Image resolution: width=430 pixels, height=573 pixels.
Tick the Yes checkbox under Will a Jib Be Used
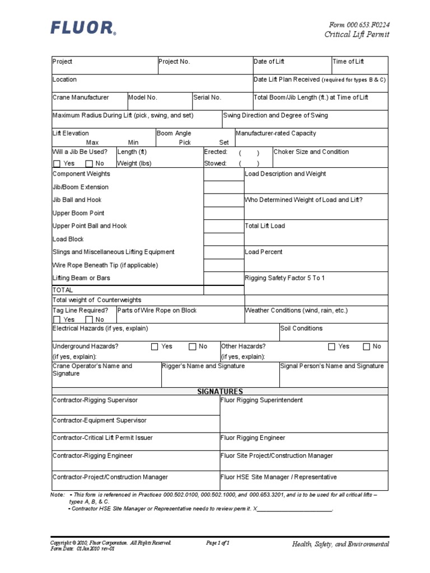click(57, 164)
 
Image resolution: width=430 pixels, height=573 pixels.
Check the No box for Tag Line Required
click(89, 320)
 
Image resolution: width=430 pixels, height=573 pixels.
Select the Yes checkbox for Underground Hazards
click(155, 347)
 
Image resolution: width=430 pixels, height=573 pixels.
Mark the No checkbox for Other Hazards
click(367, 347)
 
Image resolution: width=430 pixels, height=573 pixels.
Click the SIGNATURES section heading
click(219, 391)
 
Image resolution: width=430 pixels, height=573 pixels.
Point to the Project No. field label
click(174, 62)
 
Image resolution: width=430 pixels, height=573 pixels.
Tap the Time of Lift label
click(348, 62)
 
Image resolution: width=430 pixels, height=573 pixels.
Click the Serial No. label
click(207, 97)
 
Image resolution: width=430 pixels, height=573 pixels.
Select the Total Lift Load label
click(265, 226)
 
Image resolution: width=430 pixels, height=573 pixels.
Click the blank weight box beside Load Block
click(223, 239)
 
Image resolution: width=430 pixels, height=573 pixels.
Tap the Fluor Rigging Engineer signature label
click(253, 438)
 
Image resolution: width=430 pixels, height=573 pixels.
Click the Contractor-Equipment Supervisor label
click(100, 420)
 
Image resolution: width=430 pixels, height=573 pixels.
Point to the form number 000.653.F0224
click(359, 25)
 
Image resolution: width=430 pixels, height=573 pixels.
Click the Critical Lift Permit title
click(357, 35)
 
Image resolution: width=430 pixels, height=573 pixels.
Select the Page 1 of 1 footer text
click(218, 543)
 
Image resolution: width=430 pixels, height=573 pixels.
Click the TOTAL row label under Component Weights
click(63, 290)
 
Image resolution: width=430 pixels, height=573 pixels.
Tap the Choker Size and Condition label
click(311, 152)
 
